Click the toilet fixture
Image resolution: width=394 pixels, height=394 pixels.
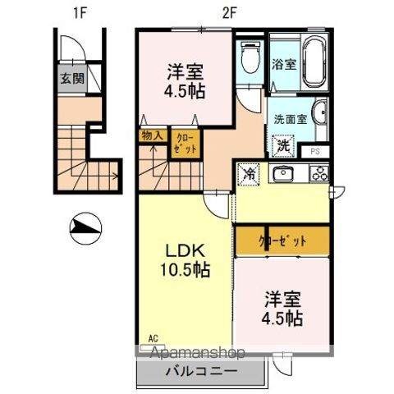pos(251,57)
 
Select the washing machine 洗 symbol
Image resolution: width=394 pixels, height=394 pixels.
pos(282,146)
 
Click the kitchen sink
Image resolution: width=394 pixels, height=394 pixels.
pos(284,173)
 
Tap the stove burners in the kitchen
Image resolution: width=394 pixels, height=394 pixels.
pos(318,173)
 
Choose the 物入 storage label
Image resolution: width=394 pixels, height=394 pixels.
pos(152,135)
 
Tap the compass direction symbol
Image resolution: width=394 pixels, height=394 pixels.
pos(85,227)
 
